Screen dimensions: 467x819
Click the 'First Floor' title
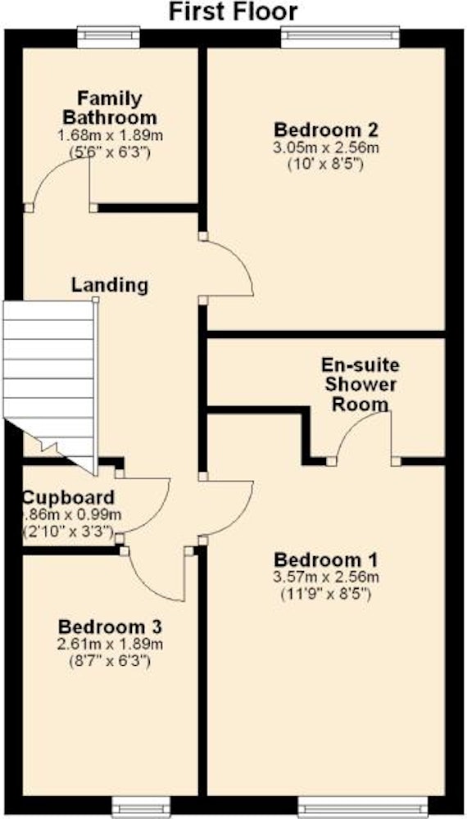(233, 11)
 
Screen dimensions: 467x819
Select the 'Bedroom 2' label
(326, 129)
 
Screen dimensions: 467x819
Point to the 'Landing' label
(110, 285)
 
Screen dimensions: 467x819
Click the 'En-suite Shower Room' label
(359, 384)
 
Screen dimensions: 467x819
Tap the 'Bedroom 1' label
(326, 560)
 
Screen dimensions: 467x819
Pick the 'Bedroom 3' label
(111, 626)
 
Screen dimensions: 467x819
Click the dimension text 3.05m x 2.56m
(326, 147)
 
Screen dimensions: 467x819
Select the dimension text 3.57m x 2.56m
(326, 577)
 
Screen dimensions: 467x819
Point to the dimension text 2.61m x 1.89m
(111, 644)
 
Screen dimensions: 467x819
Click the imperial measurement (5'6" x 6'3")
(111, 153)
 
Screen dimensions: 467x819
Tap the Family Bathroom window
(109, 37)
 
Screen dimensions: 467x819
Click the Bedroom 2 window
(341, 37)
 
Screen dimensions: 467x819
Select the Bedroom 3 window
(141, 807)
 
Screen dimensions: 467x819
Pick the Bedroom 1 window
(362, 807)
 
